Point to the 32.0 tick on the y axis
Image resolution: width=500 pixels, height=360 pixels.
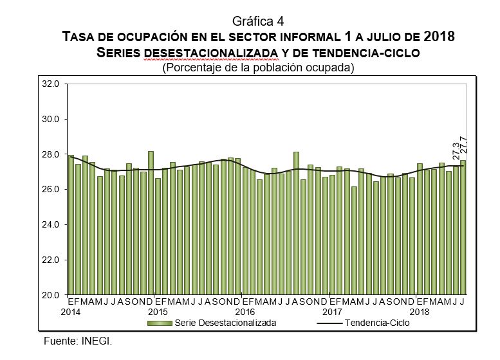(51, 84)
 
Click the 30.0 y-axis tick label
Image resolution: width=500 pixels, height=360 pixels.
(51, 120)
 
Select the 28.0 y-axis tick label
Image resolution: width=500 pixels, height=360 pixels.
(51, 155)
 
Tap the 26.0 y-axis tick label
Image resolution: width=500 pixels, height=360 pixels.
(51, 190)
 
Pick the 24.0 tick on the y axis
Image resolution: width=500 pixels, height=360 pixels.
(51, 225)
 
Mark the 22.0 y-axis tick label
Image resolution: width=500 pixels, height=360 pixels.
(51, 260)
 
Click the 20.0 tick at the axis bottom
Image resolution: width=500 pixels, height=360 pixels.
(51, 296)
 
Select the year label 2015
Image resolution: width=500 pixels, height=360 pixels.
(158, 312)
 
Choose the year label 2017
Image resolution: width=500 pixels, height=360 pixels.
(333, 312)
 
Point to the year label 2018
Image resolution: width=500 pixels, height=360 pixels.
(420, 312)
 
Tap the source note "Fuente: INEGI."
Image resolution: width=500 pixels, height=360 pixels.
(82, 340)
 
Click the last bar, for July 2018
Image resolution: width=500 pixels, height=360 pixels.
(463, 228)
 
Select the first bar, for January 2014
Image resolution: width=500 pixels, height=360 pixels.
(71, 225)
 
